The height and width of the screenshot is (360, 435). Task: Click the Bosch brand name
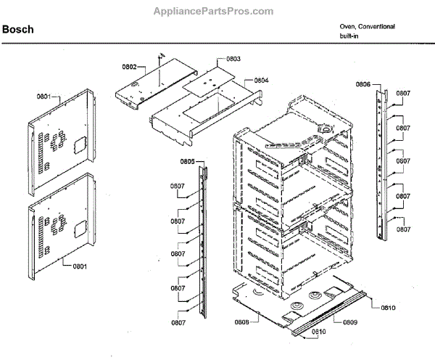pyautogui.click(x=19, y=30)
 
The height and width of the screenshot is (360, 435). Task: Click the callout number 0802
pyautogui.click(x=129, y=67)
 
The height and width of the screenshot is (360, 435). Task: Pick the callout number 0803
pyautogui.click(x=233, y=59)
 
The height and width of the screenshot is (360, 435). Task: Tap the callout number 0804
pyautogui.click(x=262, y=80)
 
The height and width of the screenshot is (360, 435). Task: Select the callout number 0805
pyautogui.click(x=187, y=161)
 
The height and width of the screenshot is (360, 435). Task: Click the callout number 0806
pyautogui.click(x=363, y=85)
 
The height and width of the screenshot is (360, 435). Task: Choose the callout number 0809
pyautogui.click(x=350, y=322)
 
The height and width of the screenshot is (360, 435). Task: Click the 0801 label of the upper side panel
pyautogui.click(x=45, y=96)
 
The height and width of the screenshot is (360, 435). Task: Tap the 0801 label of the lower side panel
pyautogui.click(x=80, y=266)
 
